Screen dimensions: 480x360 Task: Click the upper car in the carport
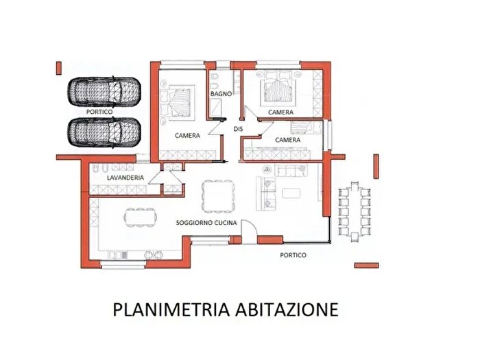[104, 91]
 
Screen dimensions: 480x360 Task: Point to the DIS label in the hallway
[239, 128]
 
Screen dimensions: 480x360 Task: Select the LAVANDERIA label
[125, 178]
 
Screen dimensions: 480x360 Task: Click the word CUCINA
[228, 224]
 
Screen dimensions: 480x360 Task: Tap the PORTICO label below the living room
[293, 254]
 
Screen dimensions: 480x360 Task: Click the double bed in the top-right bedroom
[278, 87]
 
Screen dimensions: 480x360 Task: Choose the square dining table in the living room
[217, 195]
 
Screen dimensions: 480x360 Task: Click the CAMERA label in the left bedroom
[187, 136]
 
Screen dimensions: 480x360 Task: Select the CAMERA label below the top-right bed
[281, 112]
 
